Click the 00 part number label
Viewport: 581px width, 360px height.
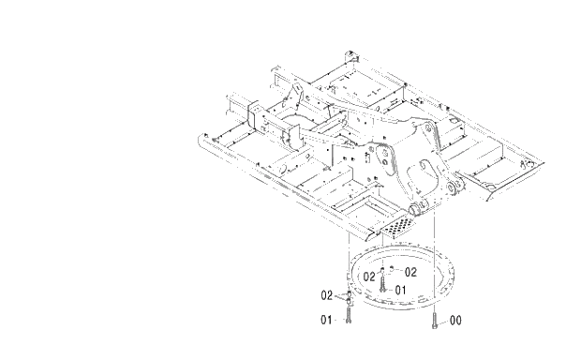coord(455,320)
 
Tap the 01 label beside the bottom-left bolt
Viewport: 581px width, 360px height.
coord(327,320)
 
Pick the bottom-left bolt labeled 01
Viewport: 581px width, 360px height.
coord(349,316)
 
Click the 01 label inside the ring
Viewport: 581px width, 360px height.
coord(399,290)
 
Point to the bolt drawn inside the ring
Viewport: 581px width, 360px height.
coord(382,282)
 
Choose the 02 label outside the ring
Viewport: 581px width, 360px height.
coord(327,294)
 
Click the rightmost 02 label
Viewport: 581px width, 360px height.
coord(410,271)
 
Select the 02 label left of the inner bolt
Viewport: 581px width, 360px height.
coord(368,277)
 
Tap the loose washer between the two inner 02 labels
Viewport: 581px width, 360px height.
coord(393,270)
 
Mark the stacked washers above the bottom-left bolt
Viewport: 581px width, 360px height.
coord(349,297)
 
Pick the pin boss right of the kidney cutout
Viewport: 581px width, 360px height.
coord(454,191)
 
